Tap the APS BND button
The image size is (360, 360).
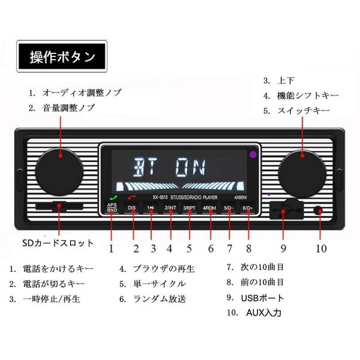112,208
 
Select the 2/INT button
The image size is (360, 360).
170,208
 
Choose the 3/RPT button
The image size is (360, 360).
190,208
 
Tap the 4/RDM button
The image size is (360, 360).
209,208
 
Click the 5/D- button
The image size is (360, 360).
229,208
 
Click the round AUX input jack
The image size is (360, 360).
319,212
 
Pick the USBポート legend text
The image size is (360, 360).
263,298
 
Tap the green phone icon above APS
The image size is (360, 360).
112,198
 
